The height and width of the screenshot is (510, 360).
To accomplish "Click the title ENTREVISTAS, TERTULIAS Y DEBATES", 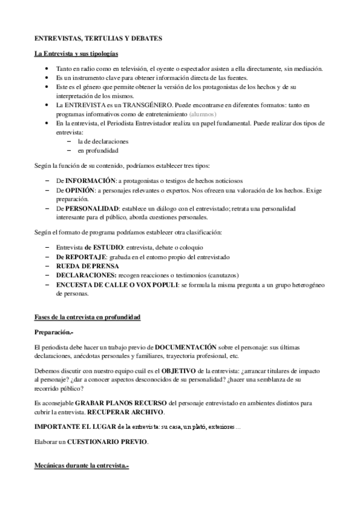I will (x=97, y=38).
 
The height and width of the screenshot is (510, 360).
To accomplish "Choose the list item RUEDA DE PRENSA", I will (x=87, y=266).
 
